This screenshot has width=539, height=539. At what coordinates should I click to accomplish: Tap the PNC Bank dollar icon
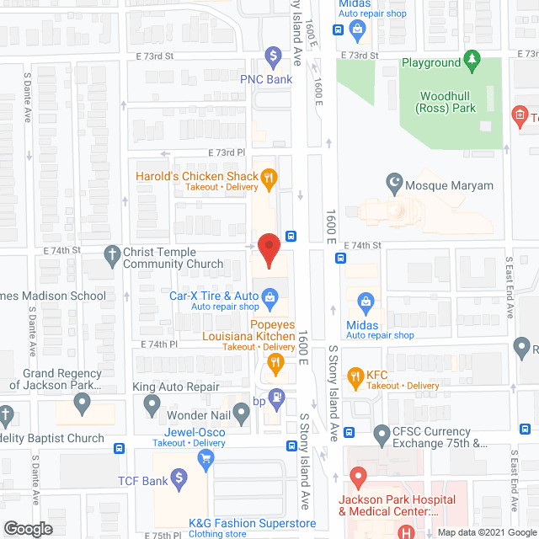coord(272,58)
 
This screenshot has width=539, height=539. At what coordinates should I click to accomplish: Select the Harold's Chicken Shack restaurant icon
coord(269,177)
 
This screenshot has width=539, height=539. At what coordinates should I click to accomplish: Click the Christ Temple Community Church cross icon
coord(111,253)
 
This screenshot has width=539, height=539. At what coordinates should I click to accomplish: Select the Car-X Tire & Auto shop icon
coord(270,296)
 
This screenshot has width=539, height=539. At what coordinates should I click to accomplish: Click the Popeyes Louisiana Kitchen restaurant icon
coord(275,364)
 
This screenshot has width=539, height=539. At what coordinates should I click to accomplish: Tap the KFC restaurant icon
coord(355,376)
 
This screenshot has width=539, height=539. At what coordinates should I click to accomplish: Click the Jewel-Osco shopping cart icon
coord(205,459)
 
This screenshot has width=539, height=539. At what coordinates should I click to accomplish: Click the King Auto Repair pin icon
coord(152,406)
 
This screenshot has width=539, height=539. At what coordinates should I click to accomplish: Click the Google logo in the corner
coord(28,528)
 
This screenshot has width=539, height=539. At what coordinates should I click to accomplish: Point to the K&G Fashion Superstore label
coord(253,524)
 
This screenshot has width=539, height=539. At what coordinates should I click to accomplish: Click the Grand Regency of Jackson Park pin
coord(82,404)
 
